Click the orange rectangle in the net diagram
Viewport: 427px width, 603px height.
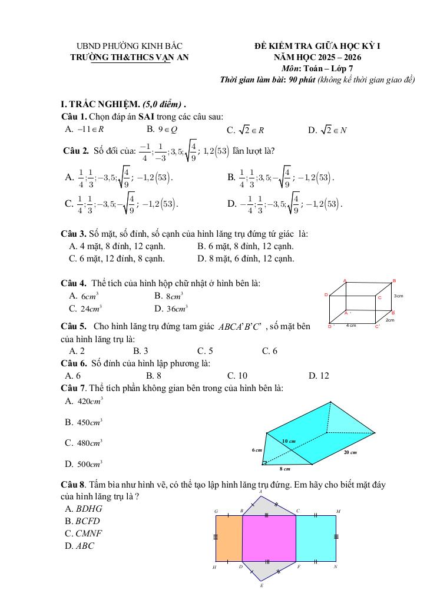coord(229,538)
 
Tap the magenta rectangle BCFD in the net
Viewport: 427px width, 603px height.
coord(269,538)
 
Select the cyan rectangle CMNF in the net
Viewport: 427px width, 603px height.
coord(316,538)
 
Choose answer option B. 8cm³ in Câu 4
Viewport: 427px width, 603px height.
coord(168,296)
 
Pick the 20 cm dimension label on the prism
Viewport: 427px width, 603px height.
coord(350,452)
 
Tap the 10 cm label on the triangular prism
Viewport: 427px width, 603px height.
coord(288,440)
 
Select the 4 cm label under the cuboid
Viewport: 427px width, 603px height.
coord(351,325)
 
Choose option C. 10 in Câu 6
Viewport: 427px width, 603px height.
coord(237,375)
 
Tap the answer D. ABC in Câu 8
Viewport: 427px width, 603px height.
coord(80,545)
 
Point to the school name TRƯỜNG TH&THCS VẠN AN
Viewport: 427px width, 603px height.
coord(130,58)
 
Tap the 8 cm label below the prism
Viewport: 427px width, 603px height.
coord(285,469)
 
